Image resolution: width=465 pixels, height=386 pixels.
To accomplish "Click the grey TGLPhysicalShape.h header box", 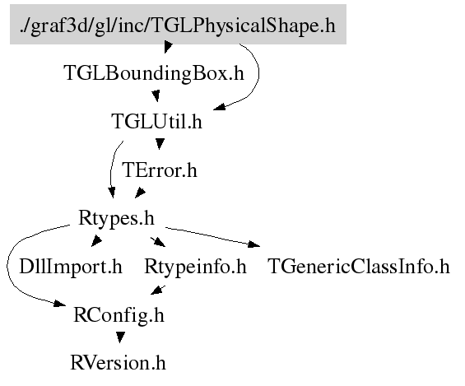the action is click(x=178, y=25).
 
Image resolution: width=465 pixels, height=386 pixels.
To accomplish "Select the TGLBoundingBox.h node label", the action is click(x=154, y=73).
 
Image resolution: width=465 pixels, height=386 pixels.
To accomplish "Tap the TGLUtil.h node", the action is click(x=156, y=121).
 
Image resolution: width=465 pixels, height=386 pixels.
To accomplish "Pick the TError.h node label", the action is click(x=160, y=170).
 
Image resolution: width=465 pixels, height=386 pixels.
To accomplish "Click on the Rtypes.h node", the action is click(x=116, y=218).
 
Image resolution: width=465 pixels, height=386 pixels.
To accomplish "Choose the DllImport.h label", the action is click(x=71, y=267).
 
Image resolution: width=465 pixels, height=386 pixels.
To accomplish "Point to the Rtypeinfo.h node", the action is click(x=195, y=267).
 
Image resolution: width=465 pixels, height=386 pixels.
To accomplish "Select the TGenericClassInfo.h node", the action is click(x=359, y=267).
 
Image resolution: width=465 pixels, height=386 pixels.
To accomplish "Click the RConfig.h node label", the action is click(x=119, y=315).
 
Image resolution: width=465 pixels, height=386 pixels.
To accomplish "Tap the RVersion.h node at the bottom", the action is click(x=118, y=363).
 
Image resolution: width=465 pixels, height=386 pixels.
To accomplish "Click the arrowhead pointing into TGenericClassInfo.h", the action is click(x=254, y=244).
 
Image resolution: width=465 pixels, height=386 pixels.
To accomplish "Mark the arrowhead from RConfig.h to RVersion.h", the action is click(x=120, y=337).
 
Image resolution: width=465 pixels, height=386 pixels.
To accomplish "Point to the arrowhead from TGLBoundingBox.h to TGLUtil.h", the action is click(x=156, y=96).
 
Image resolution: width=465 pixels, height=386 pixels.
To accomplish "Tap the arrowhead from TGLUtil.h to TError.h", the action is click(x=160, y=144).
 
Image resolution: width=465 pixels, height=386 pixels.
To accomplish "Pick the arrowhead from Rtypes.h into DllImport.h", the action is click(x=96, y=240).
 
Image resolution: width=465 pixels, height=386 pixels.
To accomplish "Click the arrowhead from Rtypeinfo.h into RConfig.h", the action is click(x=157, y=290).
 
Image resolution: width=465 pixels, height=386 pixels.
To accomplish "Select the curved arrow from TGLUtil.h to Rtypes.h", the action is click(x=111, y=169).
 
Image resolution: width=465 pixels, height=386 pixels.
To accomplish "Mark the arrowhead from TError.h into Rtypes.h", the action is click(x=140, y=193).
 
